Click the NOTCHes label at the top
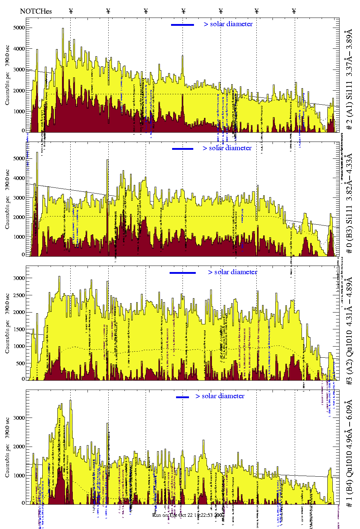coord(36,11)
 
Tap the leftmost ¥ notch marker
coord(71,11)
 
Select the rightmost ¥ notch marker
coord(294,11)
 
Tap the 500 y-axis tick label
coord(20,363)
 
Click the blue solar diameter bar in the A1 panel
coord(183,25)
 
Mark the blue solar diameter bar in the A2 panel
coord(183,273)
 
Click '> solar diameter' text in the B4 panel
coord(220,396)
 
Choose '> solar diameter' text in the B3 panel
coord(227,148)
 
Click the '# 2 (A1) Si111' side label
coord(349,81)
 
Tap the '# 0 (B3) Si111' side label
coord(349,203)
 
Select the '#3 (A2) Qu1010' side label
coord(349,332)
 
